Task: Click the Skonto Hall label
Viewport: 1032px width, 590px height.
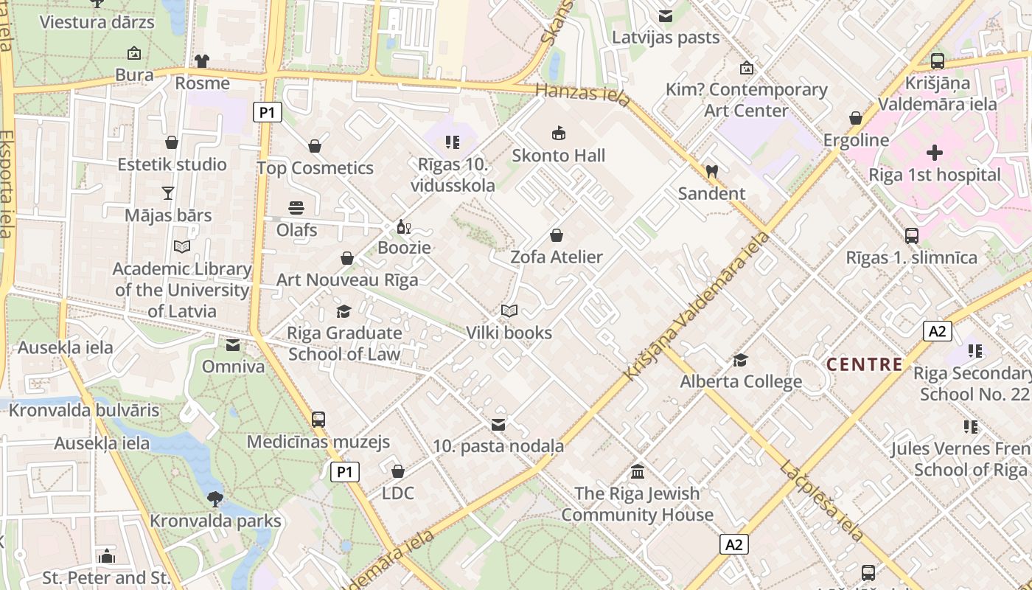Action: pyautogui.click(x=559, y=156)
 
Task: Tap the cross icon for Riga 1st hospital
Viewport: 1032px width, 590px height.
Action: pyautogui.click(x=935, y=153)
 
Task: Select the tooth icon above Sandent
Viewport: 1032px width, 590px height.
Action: pyautogui.click(x=711, y=171)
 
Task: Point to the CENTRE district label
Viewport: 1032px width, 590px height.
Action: pyautogui.click(x=864, y=364)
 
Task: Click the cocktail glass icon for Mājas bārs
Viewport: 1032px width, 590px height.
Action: pyautogui.click(x=168, y=193)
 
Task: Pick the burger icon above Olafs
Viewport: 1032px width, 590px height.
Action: pyautogui.click(x=296, y=208)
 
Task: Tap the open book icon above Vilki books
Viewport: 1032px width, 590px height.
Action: pyautogui.click(x=509, y=311)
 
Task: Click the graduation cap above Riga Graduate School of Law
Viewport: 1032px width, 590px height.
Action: pyautogui.click(x=344, y=311)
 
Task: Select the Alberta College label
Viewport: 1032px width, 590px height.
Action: pyautogui.click(x=741, y=382)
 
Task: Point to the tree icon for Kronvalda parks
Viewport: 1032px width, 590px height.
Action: pyautogui.click(x=215, y=499)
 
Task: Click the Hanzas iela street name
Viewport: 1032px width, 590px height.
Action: pyautogui.click(x=583, y=94)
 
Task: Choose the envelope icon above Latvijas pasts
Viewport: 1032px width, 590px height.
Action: pyautogui.click(x=666, y=15)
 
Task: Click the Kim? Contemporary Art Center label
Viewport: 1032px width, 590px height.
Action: pyautogui.click(x=747, y=100)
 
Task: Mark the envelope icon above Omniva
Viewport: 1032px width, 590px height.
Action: pyautogui.click(x=233, y=345)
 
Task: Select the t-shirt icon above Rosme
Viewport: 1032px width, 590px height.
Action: pyautogui.click(x=202, y=61)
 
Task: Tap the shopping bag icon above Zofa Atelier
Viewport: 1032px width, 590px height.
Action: pyautogui.click(x=557, y=235)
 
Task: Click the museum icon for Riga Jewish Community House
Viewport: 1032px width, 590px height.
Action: pyautogui.click(x=638, y=471)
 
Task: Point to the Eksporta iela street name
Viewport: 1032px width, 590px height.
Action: pyautogui.click(x=6, y=184)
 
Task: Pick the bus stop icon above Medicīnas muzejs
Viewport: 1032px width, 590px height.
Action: pyautogui.click(x=318, y=420)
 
